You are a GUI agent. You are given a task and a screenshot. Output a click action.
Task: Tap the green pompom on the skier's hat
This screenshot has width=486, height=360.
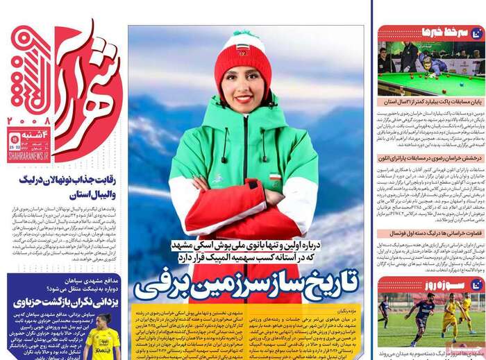pos(242,34)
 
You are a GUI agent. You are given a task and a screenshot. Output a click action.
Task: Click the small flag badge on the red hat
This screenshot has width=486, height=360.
pos(243,49)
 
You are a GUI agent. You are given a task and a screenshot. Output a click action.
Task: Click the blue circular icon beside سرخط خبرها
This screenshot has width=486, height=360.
pos(476,33)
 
